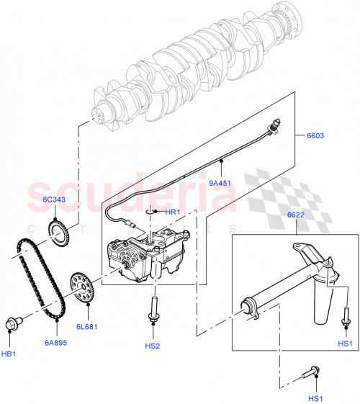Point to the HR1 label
point(172,212)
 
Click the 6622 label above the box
point(295,215)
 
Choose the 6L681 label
point(87,326)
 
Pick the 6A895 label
point(55,343)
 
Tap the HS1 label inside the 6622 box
point(346,344)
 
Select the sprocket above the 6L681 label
point(82,288)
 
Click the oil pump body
point(148,256)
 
